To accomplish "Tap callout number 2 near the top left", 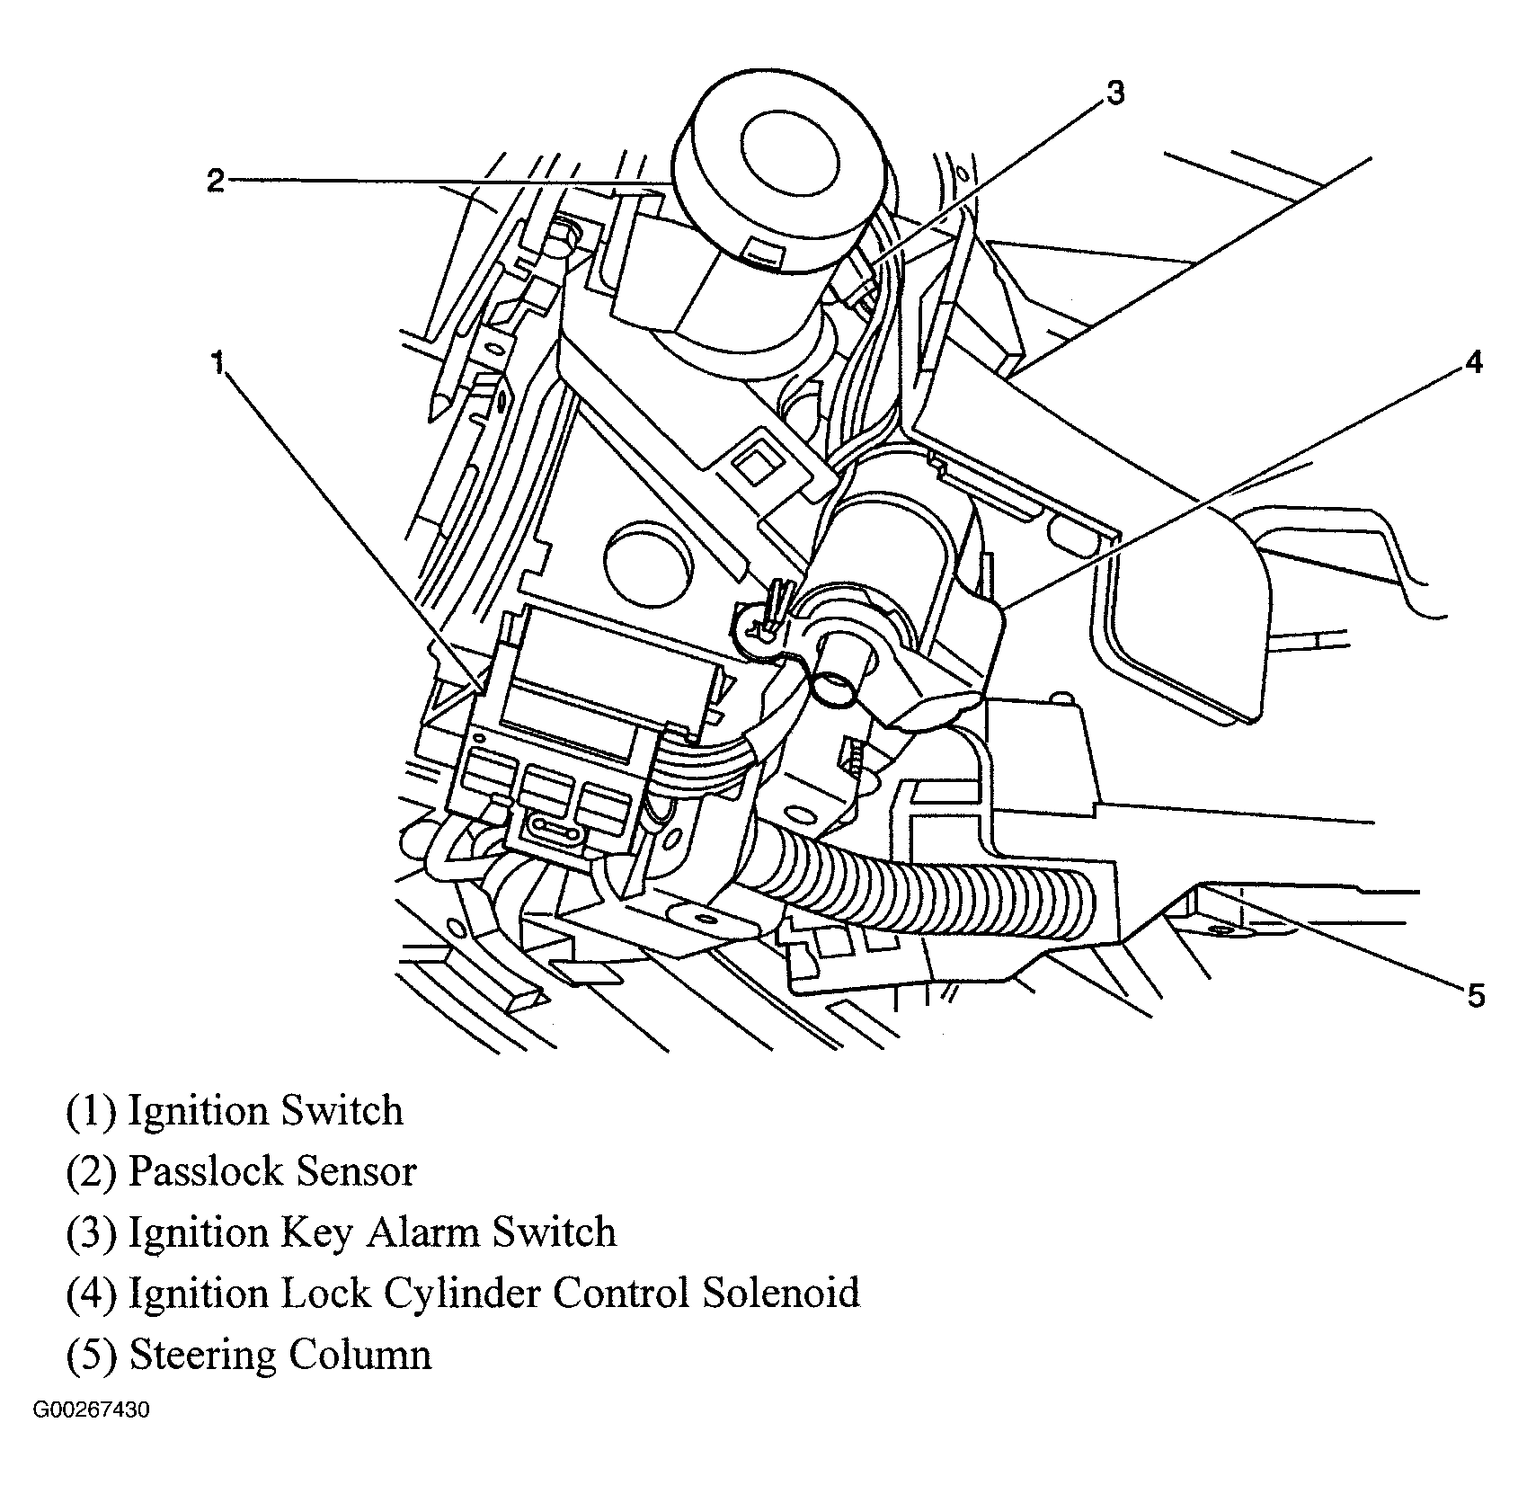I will [x=215, y=181].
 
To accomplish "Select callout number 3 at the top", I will [x=1114, y=93].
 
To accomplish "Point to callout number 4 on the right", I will [x=1473, y=362].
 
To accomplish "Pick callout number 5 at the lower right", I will [x=1475, y=995].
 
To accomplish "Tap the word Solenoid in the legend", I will [x=781, y=1293].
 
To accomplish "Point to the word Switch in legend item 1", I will [x=342, y=1111].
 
